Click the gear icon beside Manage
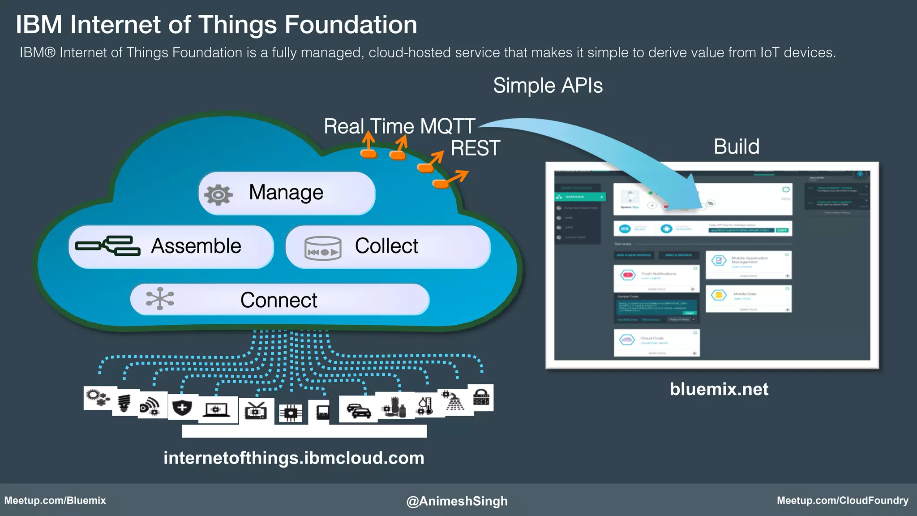coord(219,194)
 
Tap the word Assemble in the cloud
coord(196,246)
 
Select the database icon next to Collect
coord(322,248)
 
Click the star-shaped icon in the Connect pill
coord(160,299)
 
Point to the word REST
coord(475,148)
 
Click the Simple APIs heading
coord(548,86)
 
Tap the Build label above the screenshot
coord(736,146)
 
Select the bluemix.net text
coord(719,389)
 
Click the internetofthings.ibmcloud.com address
coord(294,458)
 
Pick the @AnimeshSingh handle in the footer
coord(457,501)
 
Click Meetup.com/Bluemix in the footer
coord(55,500)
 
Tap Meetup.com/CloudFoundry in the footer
coord(842,500)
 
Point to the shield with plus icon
coord(182,407)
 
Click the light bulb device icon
coord(124,403)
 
